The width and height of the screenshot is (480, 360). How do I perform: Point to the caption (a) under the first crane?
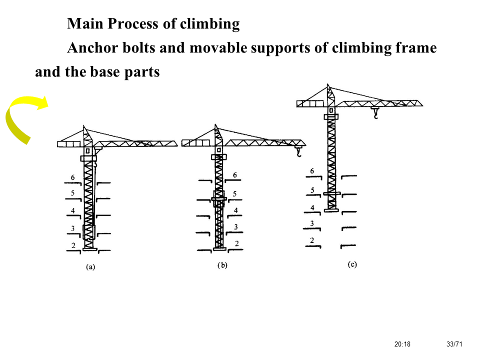click(x=90, y=267)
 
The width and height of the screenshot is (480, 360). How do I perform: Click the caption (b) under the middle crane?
click(x=222, y=265)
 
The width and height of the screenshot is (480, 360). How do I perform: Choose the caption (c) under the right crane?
click(x=352, y=264)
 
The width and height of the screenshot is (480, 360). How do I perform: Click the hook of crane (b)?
click(x=299, y=152)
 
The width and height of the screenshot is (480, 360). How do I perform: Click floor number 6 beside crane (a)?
click(x=73, y=178)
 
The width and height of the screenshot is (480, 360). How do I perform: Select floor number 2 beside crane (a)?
click(x=73, y=245)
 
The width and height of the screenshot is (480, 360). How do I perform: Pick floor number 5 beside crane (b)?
click(x=235, y=193)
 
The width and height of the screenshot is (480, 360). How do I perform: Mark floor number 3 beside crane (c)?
click(x=312, y=223)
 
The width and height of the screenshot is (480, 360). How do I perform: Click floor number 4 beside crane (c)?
click(x=312, y=207)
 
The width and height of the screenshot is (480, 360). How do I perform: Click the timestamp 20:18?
click(x=402, y=344)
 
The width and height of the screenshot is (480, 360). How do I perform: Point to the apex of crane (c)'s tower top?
click(x=328, y=85)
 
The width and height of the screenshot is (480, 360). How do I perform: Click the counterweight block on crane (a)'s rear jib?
click(x=69, y=144)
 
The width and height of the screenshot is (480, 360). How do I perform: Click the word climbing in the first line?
click(x=210, y=23)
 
